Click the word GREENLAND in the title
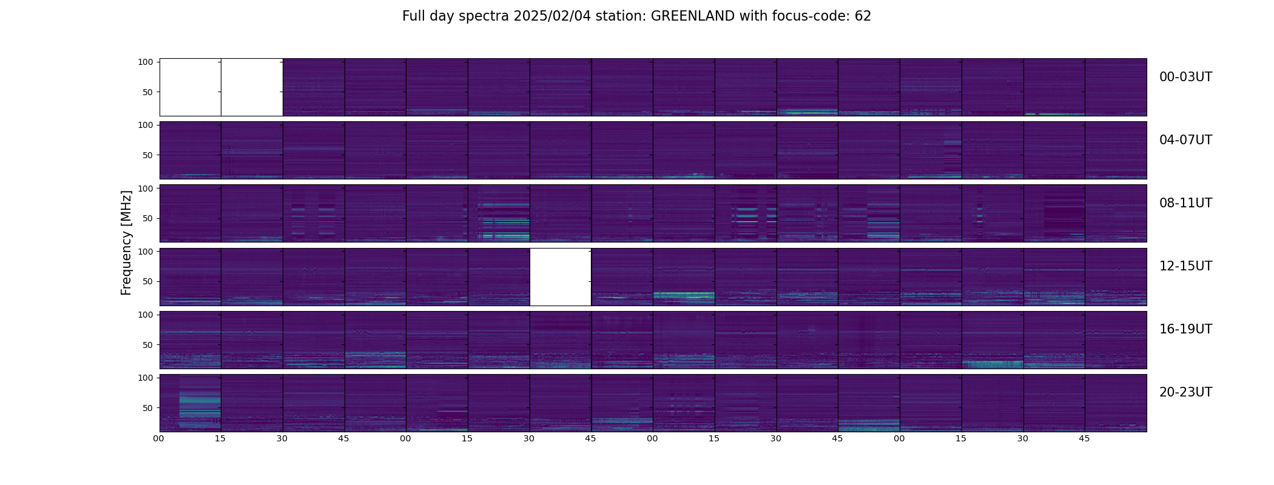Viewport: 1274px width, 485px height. [x=693, y=16]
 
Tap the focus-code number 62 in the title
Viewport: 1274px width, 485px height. [x=863, y=16]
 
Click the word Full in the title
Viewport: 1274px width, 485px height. [x=413, y=16]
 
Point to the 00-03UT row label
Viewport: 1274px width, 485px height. [x=1185, y=77]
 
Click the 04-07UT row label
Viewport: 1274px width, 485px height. [x=1185, y=140]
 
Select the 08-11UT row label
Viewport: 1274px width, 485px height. [x=1185, y=203]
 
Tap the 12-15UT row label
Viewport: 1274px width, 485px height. [x=1185, y=266]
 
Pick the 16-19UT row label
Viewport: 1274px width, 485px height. [x=1185, y=329]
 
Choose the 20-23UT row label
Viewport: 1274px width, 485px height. [x=1185, y=392]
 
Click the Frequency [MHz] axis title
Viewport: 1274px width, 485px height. [x=126, y=243]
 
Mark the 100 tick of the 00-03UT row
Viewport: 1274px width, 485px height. [x=146, y=62]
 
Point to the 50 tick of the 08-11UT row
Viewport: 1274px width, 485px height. [x=148, y=218]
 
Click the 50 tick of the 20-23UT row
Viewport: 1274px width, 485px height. [x=148, y=408]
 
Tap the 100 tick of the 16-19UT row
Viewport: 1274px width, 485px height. [x=146, y=315]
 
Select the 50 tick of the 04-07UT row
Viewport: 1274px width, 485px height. [x=148, y=155]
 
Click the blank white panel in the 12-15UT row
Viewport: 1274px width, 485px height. [x=561, y=277]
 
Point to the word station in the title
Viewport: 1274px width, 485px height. [x=623, y=16]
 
